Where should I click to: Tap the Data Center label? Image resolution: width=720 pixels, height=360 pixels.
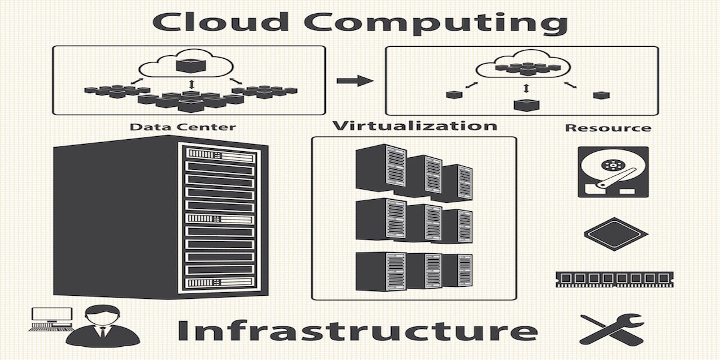pyautogui.click(x=182, y=127)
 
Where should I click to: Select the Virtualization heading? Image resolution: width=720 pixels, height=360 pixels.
pyautogui.click(x=415, y=125)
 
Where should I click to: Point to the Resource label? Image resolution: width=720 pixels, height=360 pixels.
pyautogui.click(x=608, y=128)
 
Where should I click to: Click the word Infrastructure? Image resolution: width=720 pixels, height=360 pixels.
pyautogui.click(x=357, y=331)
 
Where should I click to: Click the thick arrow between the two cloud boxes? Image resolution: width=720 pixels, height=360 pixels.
pyautogui.click(x=355, y=80)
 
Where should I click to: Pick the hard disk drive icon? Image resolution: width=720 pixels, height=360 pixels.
pyautogui.click(x=613, y=172)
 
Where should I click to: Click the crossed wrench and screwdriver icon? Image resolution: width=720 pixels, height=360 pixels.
pyautogui.click(x=611, y=329)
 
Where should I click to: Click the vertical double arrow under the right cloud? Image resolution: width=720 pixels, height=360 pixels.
pyautogui.click(x=526, y=88)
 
